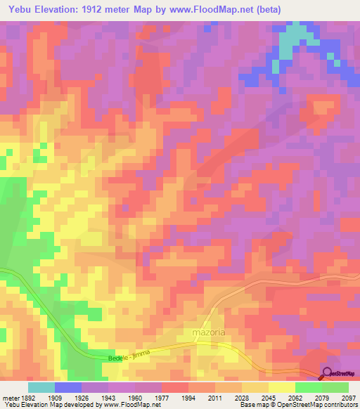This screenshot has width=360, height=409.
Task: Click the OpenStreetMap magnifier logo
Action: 328,372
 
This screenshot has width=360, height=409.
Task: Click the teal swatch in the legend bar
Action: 41,387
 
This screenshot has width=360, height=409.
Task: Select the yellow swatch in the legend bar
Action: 282,387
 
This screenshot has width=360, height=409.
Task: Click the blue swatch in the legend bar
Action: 68,387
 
